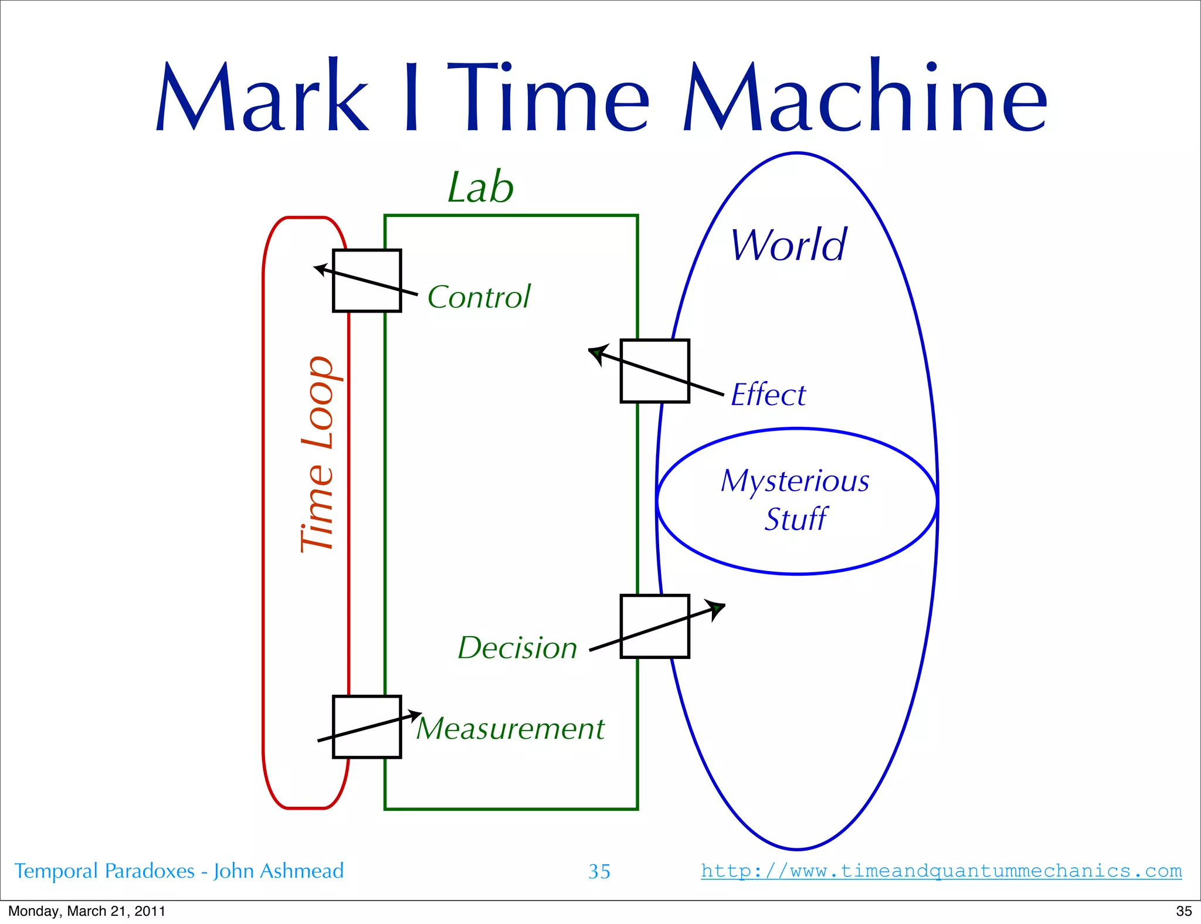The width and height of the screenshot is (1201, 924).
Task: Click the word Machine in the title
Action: [x=864, y=97]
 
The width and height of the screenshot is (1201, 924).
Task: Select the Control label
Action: [x=479, y=297]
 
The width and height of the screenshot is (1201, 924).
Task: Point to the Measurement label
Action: [x=510, y=729]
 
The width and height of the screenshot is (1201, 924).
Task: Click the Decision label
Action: [x=517, y=648]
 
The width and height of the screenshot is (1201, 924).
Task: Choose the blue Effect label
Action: [x=768, y=395]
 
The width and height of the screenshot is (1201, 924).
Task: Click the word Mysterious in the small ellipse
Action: [x=795, y=481]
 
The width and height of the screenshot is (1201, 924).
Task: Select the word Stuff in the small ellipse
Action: [x=795, y=519]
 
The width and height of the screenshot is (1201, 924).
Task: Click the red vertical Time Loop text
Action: [x=317, y=454]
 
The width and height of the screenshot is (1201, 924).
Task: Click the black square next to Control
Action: [x=367, y=281]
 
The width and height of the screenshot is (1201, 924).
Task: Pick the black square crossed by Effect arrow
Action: [x=654, y=371]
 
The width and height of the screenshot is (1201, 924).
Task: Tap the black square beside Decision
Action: [x=654, y=627]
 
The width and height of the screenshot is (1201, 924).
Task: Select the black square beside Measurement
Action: [x=367, y=727]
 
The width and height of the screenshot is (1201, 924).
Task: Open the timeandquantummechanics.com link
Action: [x=941, y=871]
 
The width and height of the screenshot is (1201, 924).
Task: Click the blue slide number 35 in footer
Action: [x=599, y=872]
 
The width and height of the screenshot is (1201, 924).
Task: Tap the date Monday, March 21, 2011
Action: [x=87, y=911]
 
